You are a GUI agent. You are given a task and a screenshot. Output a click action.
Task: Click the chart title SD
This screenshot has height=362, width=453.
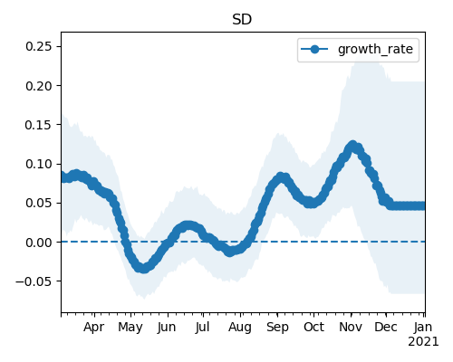pos(242,20)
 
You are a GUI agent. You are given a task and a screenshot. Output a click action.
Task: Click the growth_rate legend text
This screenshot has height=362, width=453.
pos(375,50)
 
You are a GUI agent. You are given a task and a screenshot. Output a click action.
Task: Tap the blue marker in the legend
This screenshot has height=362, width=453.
pos(314,49)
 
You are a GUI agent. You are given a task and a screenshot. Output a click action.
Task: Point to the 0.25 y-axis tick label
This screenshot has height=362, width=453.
pos(39,46)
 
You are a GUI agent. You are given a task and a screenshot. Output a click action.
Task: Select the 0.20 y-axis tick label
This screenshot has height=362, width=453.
pos(39,86)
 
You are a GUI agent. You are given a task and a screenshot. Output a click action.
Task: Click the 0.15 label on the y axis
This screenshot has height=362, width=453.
pos(39,125)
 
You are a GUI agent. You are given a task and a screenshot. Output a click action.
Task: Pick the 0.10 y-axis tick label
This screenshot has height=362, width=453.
pos(39,164)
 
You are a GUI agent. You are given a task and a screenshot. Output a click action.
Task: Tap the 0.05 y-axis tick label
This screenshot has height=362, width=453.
pos(39,203)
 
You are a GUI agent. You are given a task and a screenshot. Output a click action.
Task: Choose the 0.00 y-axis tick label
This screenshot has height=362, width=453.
pos(39,242)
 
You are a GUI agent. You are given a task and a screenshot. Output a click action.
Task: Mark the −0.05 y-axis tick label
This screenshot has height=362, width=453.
pos(34,281)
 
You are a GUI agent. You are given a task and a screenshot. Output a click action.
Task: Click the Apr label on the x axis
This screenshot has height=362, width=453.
pos(94,327)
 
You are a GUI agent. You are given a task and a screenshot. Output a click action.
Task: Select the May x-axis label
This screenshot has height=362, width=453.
pos(130,327)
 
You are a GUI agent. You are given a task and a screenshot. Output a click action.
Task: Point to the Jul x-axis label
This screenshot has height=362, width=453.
pos(202,327)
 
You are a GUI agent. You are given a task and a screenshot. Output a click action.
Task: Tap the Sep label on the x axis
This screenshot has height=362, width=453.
pos(277,327)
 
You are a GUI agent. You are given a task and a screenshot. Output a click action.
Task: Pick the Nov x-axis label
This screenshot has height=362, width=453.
pos(351,327)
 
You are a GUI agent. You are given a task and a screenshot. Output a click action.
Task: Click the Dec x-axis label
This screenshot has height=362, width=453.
pos(386,327)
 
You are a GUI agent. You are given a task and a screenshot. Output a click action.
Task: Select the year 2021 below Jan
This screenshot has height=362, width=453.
pos(423,342)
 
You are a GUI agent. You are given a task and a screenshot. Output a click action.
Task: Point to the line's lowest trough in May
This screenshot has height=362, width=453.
pos(143,268)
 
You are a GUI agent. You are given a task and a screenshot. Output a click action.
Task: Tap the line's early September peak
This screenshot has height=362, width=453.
pos(280,177)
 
